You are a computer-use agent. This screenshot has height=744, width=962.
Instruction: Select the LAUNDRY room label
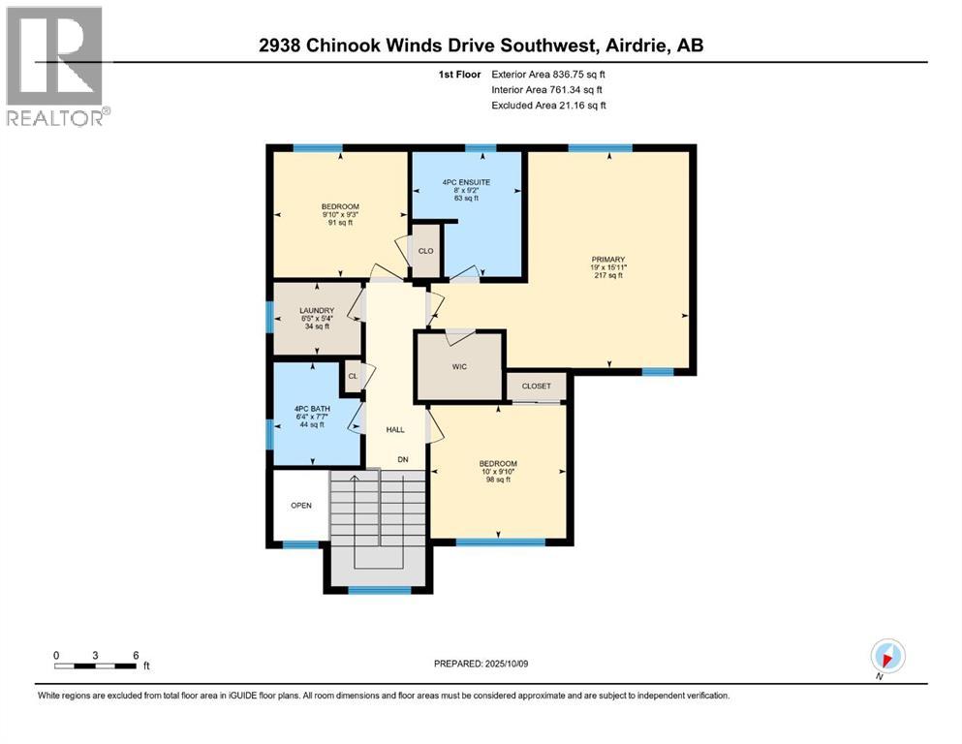tap(317, 310)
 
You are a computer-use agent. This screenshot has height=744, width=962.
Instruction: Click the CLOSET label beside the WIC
tap(536, 387)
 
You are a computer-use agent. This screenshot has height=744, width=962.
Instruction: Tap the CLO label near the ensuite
tap(425, 251)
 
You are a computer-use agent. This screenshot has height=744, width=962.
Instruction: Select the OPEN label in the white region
tap(300, 506)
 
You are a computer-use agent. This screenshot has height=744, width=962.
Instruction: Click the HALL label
tap(394, 429)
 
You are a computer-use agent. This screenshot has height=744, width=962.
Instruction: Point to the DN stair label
tap(402, 460)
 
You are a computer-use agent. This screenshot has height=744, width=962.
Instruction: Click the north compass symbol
tap(886, 655)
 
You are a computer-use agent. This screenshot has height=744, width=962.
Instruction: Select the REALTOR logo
tap(56, 66)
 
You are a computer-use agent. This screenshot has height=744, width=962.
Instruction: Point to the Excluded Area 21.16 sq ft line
tap(548, 105)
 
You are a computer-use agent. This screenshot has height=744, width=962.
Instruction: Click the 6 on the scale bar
tap(134, 655)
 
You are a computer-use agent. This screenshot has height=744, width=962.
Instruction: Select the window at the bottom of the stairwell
tap(379, 589)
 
